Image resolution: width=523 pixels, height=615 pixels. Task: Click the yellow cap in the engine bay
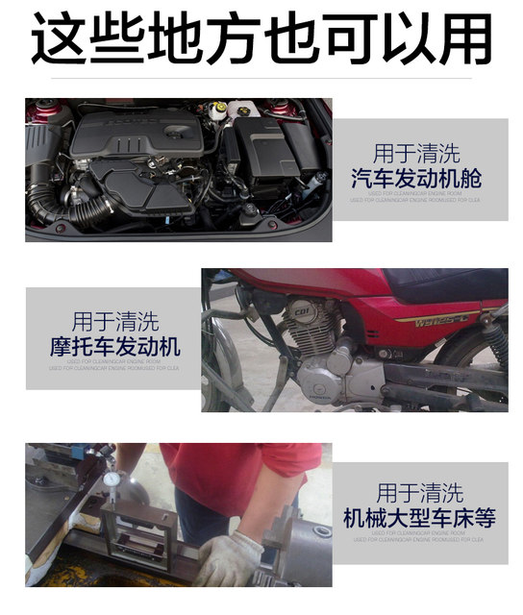pyautogui.click(x=218, y=107)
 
